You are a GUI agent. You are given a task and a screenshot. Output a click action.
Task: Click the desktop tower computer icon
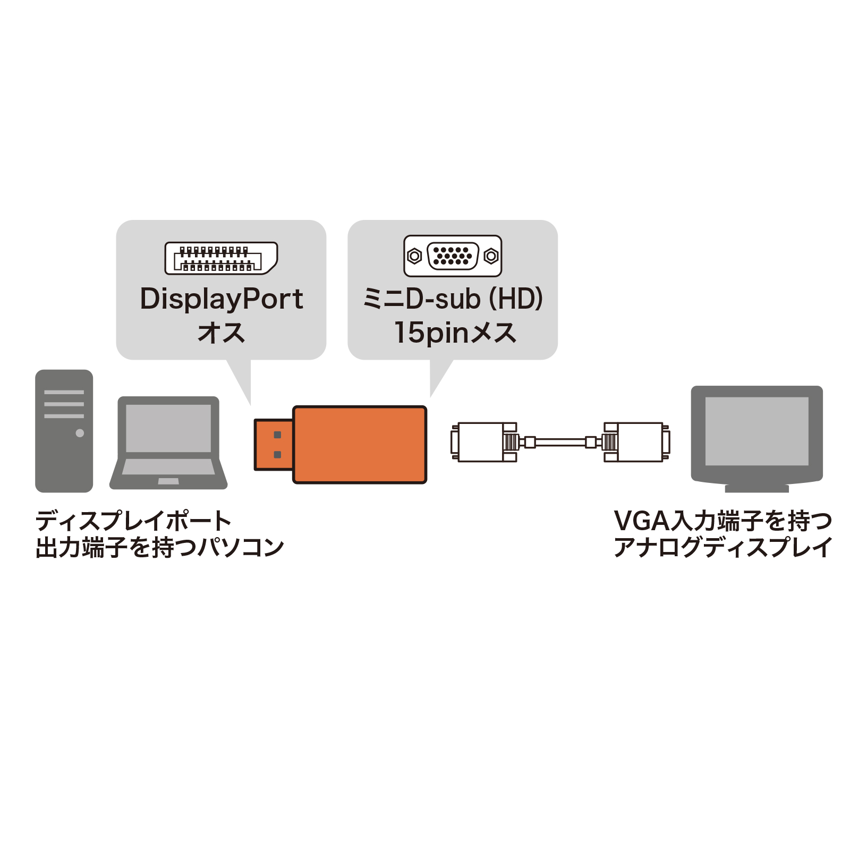click(64, 430)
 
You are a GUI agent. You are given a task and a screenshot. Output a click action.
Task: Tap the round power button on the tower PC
click(80, 433)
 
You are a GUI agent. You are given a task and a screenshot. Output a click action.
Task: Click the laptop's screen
click(168, 428)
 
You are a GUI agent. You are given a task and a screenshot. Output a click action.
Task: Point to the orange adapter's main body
click(360, 445)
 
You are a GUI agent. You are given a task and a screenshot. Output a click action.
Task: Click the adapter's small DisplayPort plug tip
click(273, 445)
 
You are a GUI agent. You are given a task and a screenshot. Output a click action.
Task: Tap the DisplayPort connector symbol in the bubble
click(221, 258)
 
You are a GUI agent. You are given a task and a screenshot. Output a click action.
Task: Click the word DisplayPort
click(221, 299)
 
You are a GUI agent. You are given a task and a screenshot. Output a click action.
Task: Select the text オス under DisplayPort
click(221, 333)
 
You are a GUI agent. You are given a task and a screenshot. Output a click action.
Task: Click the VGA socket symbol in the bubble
click(453, 256)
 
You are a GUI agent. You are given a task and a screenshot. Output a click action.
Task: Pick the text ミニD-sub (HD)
click(453, 299)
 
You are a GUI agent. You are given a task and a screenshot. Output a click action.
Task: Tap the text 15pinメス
click(455, 333)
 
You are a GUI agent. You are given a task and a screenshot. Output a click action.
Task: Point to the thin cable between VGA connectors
click(560, 442)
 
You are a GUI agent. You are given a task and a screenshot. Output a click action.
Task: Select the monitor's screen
click(756, 431)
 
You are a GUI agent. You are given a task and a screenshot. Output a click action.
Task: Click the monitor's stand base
click(756, 488)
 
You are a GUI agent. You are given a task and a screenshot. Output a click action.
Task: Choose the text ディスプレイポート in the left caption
click(133, 521)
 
